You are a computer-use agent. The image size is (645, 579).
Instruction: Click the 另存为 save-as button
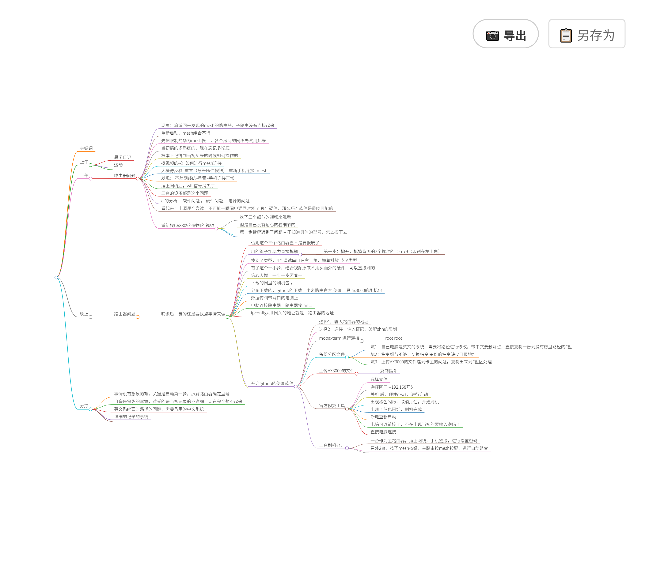point(586,34)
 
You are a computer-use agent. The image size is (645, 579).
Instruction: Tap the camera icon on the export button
point(492,36)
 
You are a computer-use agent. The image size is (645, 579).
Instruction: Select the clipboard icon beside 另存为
point(566,35)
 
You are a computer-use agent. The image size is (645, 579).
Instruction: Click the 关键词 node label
point(86,148)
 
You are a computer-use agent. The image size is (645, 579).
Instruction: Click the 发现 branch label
point(84,406)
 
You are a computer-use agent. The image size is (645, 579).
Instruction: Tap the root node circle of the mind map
point(56,277)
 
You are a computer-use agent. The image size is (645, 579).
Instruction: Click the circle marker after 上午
point(91,165)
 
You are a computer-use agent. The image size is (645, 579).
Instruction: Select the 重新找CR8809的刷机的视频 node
point(188,226)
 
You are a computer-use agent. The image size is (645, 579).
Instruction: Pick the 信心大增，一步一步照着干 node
point(276,275)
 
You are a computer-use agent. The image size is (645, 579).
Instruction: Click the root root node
point(393,338)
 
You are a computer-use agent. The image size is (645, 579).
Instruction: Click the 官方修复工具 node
point(332,406)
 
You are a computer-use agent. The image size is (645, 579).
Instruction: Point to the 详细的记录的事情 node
point(131,417)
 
